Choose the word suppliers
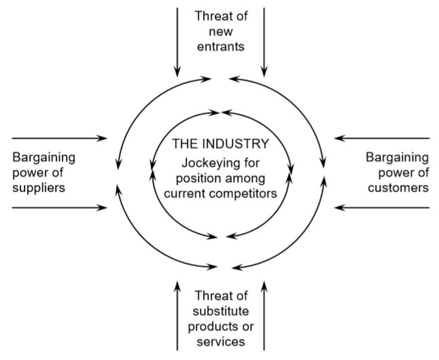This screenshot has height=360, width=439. (x=39, y=187)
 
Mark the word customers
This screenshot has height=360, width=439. (x=399, y=187)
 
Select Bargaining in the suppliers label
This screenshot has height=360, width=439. (x=44, y=158)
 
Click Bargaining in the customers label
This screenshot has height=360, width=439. (x=398, y=158)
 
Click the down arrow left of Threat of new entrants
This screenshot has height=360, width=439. (x=177, y=41)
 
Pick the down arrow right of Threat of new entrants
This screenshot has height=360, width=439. (x=264, y=41)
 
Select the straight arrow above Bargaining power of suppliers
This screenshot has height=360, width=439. (x=60, y=139)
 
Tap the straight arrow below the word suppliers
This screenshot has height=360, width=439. (x=60, y=207)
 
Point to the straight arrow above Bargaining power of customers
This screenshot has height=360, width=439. (x=382, y=139)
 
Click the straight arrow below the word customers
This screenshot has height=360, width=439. (x=382, y=207)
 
